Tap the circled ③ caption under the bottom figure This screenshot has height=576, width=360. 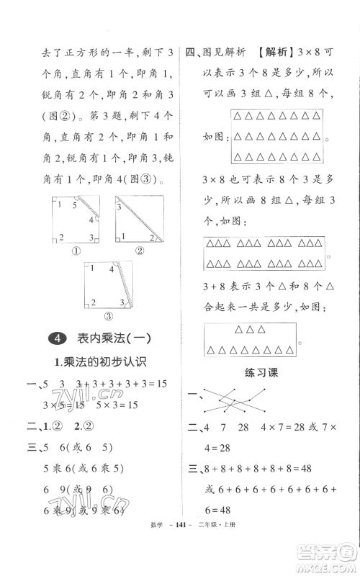109,315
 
